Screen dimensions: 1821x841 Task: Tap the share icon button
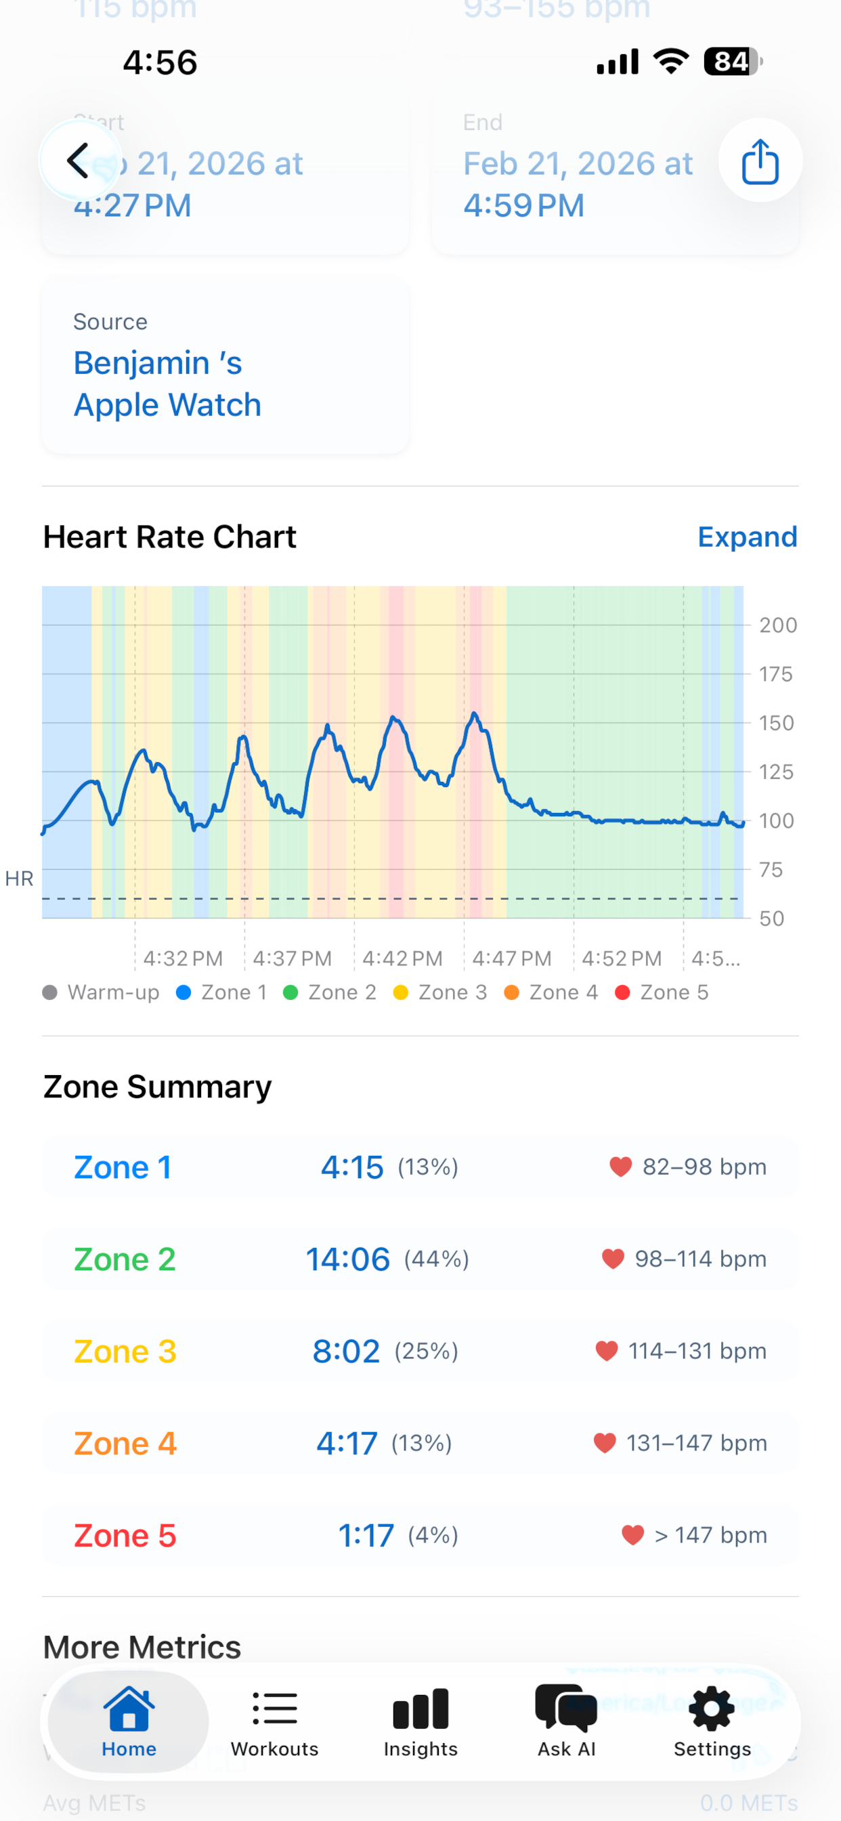click(x=760, y=161)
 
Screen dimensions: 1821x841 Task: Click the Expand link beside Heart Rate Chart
click(x=747, y=537)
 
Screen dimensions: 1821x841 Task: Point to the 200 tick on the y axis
click(x=777, y=625)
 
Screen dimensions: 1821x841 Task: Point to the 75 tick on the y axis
click(x=771, y=869)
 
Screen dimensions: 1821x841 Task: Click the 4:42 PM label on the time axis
click(x=402, y=959)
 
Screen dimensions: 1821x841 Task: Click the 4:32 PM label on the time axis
click(x=183, y=959)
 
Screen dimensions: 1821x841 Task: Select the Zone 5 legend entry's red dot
click(x=622, y=992)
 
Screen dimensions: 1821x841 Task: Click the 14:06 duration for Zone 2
click(x=347, y=1259)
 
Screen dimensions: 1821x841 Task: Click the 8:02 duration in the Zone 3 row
click(x=346, y=1351)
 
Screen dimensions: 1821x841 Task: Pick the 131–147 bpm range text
click(x=696, y=1443)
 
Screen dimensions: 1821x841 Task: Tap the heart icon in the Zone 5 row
click(x=632, y=1534)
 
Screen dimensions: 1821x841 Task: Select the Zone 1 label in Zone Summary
click(x=123, y=1167)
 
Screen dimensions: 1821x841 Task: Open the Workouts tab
click(x=274, y=1723)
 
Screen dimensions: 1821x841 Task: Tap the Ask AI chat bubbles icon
click(x=566, y=1708)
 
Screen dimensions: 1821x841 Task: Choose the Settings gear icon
click(x=712, y=1708)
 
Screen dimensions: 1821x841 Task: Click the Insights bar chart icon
click(x=420, y=1708)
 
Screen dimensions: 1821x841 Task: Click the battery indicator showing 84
click(x=731, y=62)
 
